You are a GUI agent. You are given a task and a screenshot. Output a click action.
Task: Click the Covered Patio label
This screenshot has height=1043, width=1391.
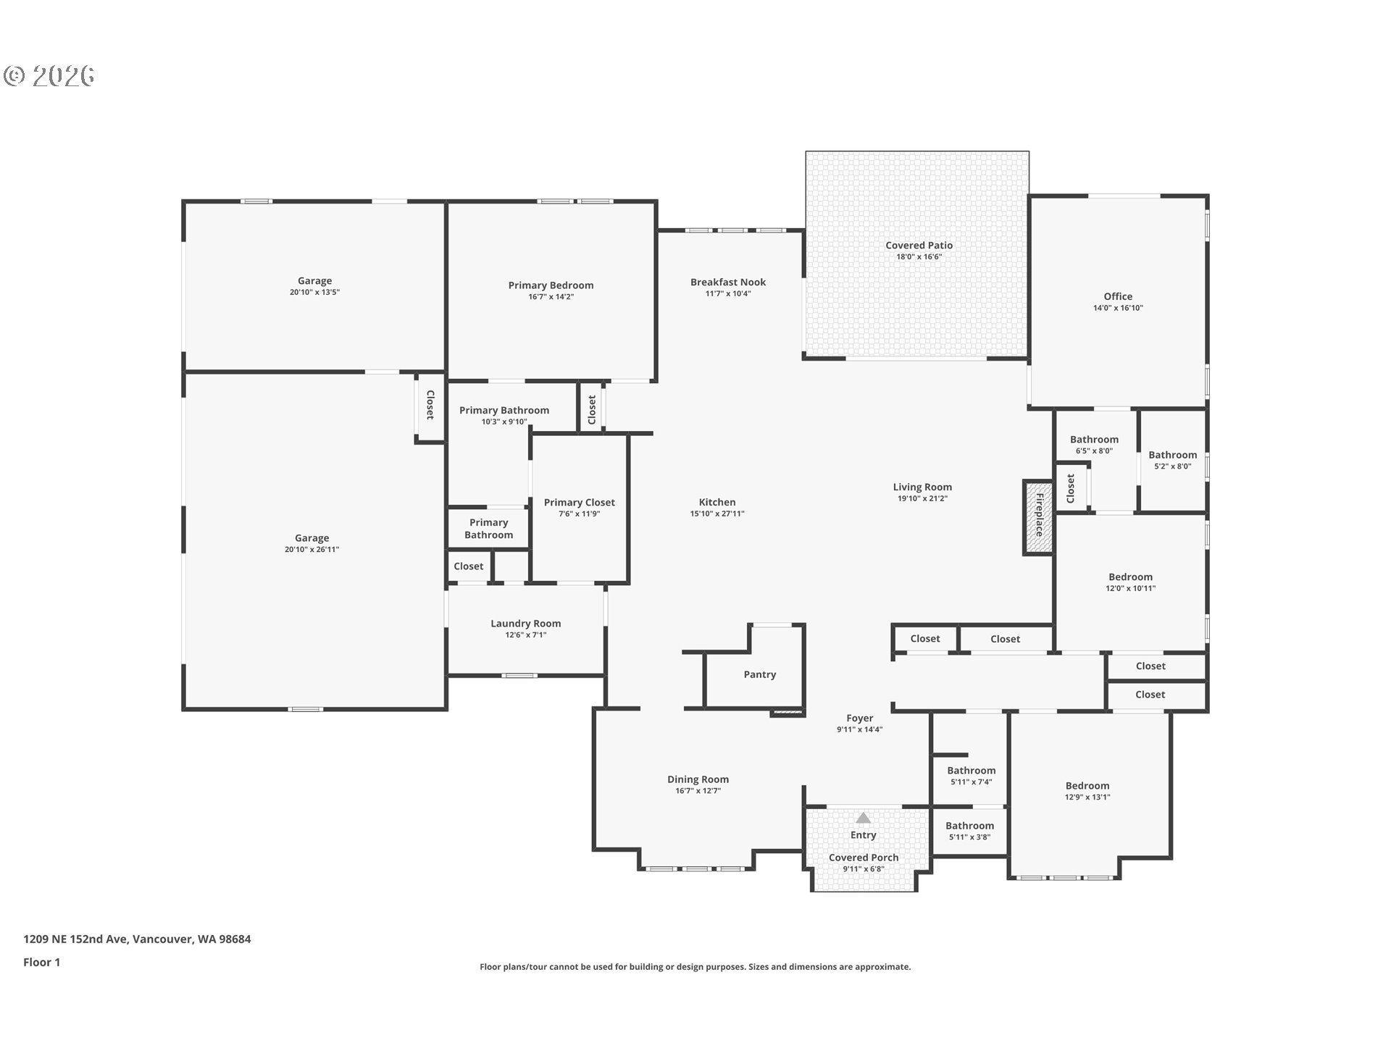point(919,246)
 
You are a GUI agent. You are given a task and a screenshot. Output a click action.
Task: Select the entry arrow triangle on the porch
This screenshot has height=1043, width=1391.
point(863,818)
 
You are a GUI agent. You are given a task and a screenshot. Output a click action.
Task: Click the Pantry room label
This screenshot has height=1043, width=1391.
point(759,674)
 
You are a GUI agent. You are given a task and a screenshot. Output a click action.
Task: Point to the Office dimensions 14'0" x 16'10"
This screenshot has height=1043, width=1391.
point(1118,308)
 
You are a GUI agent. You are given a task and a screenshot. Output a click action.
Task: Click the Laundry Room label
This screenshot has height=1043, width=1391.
point(525,624)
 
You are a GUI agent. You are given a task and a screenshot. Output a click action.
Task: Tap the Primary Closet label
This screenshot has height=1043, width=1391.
point(579,503)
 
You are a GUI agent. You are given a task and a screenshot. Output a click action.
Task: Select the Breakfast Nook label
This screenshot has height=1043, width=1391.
point(727,282)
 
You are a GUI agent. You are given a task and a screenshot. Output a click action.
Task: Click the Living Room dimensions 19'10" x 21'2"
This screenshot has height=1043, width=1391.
point(922,498)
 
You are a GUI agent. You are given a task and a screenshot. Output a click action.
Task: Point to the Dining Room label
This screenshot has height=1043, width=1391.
point(698,779)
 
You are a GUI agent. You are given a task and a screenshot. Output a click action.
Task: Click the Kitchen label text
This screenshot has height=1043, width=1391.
point(717,502)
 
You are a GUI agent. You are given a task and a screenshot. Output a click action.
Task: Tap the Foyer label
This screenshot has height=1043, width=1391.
point(859,719)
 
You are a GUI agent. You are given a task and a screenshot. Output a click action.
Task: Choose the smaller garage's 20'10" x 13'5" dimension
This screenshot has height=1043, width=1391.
point(314,293)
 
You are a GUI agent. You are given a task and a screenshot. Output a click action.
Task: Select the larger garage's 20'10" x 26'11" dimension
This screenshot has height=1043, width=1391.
point(312,550)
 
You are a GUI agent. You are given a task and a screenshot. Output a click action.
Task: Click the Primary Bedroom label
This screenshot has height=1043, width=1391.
point(551,285)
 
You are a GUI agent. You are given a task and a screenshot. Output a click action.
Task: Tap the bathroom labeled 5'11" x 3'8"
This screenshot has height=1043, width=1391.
point(969,837)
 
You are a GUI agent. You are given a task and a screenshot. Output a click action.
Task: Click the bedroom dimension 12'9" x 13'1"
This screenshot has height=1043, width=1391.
point(1087,797)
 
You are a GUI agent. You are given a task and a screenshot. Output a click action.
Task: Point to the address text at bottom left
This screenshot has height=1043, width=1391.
point(137,939)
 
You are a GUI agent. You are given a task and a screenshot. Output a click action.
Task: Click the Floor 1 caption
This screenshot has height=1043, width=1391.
point(41,962)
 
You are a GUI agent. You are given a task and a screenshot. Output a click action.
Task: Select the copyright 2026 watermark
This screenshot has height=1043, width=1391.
point(49,75)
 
